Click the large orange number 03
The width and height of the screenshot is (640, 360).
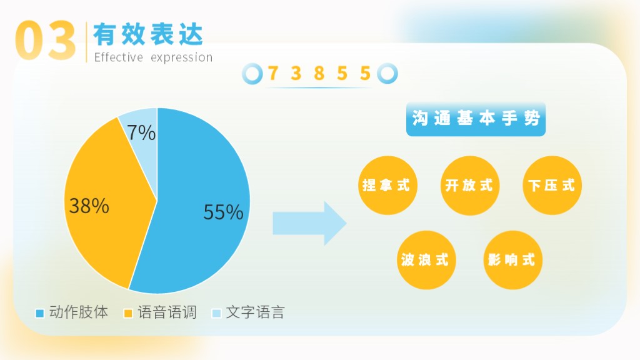pos(46,41)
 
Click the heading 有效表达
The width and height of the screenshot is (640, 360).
pos(148,34)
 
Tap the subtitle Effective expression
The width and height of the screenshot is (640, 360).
pos(153,57)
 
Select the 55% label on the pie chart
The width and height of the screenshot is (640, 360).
pos(223,212)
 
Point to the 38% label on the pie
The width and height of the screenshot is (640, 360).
pos(89,206)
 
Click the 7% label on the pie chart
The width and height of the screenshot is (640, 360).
pos(141,132)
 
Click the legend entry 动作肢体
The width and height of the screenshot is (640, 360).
pos(72,312)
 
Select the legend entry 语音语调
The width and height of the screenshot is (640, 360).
pos(160,312)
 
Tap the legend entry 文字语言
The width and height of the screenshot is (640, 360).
pos(248,312)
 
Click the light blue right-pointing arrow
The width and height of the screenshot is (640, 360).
pos(310,223)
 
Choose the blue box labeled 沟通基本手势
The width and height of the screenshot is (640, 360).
pos(476,119)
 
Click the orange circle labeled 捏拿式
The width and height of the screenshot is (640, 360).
pos(387,185)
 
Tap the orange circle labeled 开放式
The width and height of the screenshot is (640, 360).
pos(470,185)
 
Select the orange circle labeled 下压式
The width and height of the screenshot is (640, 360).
pos(552,185)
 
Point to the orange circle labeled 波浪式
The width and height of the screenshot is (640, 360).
pos(426,260)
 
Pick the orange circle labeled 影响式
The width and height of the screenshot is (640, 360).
pos(512,260)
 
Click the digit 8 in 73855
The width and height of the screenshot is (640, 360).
pos(319,74)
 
